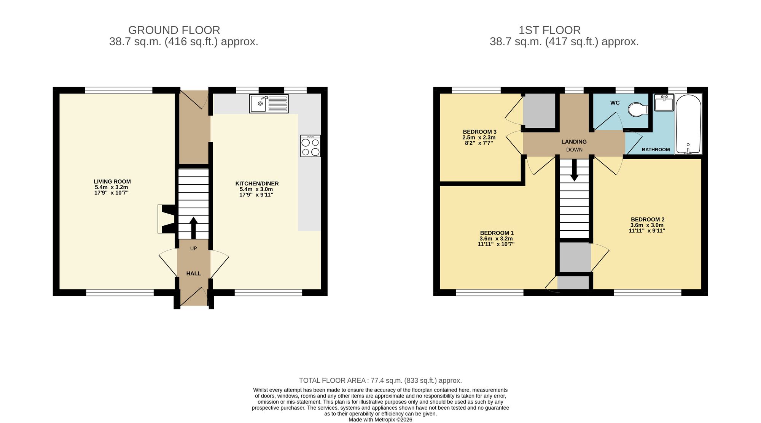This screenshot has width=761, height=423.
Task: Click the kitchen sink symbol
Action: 269,103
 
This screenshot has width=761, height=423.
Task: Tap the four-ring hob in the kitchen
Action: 310,146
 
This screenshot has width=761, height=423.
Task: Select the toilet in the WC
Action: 638,110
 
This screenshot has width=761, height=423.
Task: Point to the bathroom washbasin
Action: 664,103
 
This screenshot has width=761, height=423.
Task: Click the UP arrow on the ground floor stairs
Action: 193,227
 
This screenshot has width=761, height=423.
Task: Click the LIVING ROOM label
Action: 112,182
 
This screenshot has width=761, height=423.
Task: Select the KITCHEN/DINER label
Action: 257,184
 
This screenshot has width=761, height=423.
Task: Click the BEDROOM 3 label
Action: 479,132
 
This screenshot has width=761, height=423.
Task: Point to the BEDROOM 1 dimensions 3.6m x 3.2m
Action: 496,239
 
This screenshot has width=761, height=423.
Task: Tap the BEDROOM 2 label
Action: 647,219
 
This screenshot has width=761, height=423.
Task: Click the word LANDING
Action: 574,142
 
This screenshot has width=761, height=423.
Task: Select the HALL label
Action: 193,273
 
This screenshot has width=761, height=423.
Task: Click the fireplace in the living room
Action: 166,219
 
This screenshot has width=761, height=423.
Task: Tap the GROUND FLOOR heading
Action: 174,30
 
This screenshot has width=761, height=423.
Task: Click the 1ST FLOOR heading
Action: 549,30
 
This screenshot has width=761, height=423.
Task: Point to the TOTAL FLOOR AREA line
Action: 380,380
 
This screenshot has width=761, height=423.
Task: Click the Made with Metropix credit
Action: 380,420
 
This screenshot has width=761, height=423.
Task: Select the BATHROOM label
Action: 656,150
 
